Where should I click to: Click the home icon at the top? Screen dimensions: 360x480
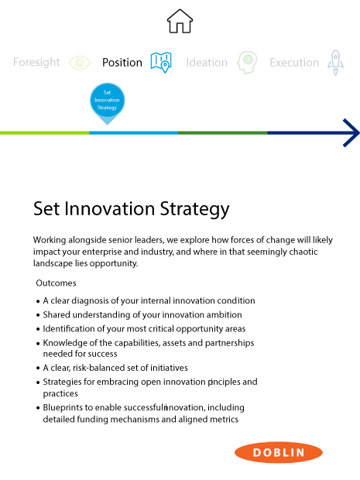180,21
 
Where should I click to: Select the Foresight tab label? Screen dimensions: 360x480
36,63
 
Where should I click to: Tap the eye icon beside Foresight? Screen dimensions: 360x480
80,63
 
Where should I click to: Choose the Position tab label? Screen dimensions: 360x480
122,63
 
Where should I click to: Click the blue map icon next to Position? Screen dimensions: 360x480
161,63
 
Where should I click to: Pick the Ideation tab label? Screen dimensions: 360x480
207,63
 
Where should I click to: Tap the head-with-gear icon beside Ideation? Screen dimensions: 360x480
247,63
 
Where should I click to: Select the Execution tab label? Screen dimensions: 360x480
294,63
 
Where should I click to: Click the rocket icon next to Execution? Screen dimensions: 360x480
335,63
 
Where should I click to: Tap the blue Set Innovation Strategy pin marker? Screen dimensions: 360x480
107,101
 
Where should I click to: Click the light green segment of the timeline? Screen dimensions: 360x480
45,133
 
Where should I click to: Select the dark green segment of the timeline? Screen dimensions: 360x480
222,133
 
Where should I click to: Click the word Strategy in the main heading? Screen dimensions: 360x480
194,209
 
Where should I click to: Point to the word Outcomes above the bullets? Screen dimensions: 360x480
56,283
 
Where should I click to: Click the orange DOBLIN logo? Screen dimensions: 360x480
279,452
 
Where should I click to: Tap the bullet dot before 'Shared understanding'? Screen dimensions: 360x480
38,315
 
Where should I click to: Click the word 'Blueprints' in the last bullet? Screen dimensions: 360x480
63,408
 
